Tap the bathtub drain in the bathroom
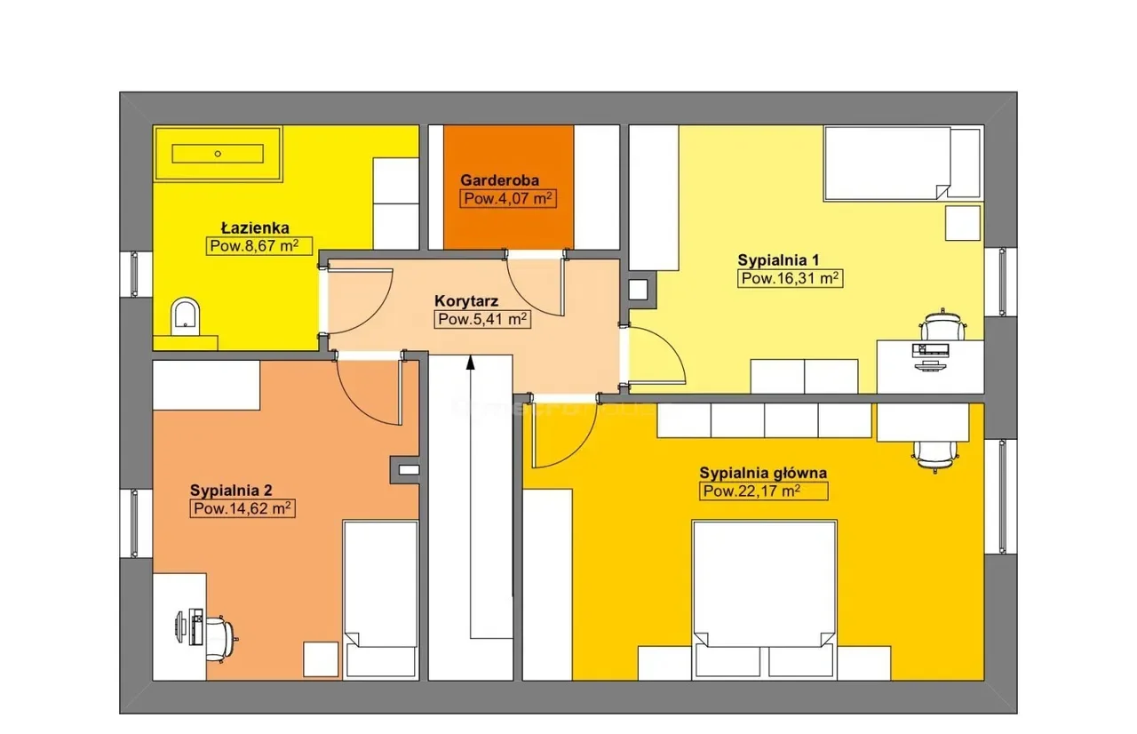pyautogui.click(x=218, y=154)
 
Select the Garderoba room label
pyautogui.click(x=499, y=180)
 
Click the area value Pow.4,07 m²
pyautogui.click(x=507, y=198)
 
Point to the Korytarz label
pyautogui.click(x=466, y=301)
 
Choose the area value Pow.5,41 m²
pyautogui.click(x=482, y=319)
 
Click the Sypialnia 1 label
pyautogui.click(x=778, y=260)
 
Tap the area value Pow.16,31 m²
pyautogui.click(x=790, y=279)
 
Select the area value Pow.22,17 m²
pyautogui.click(x=763, y=491)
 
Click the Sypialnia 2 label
pyautogui.click(x=231, y=491)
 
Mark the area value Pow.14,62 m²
pyautogui.click(x=243, y=508)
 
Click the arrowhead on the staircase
pyautogui.click(x=471, y=362)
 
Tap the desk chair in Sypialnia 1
pyautogui.click(x=943, y=325)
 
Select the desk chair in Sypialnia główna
pyautogui.click(x=935, y=457)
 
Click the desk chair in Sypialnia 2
pyautogui.click(x=222, y=639)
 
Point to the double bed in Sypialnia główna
pyautogui.click(x=765, y=600)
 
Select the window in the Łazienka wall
pyautogui.click(x=135, y=274)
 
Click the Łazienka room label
pyautogui.click(x=255, y=227)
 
